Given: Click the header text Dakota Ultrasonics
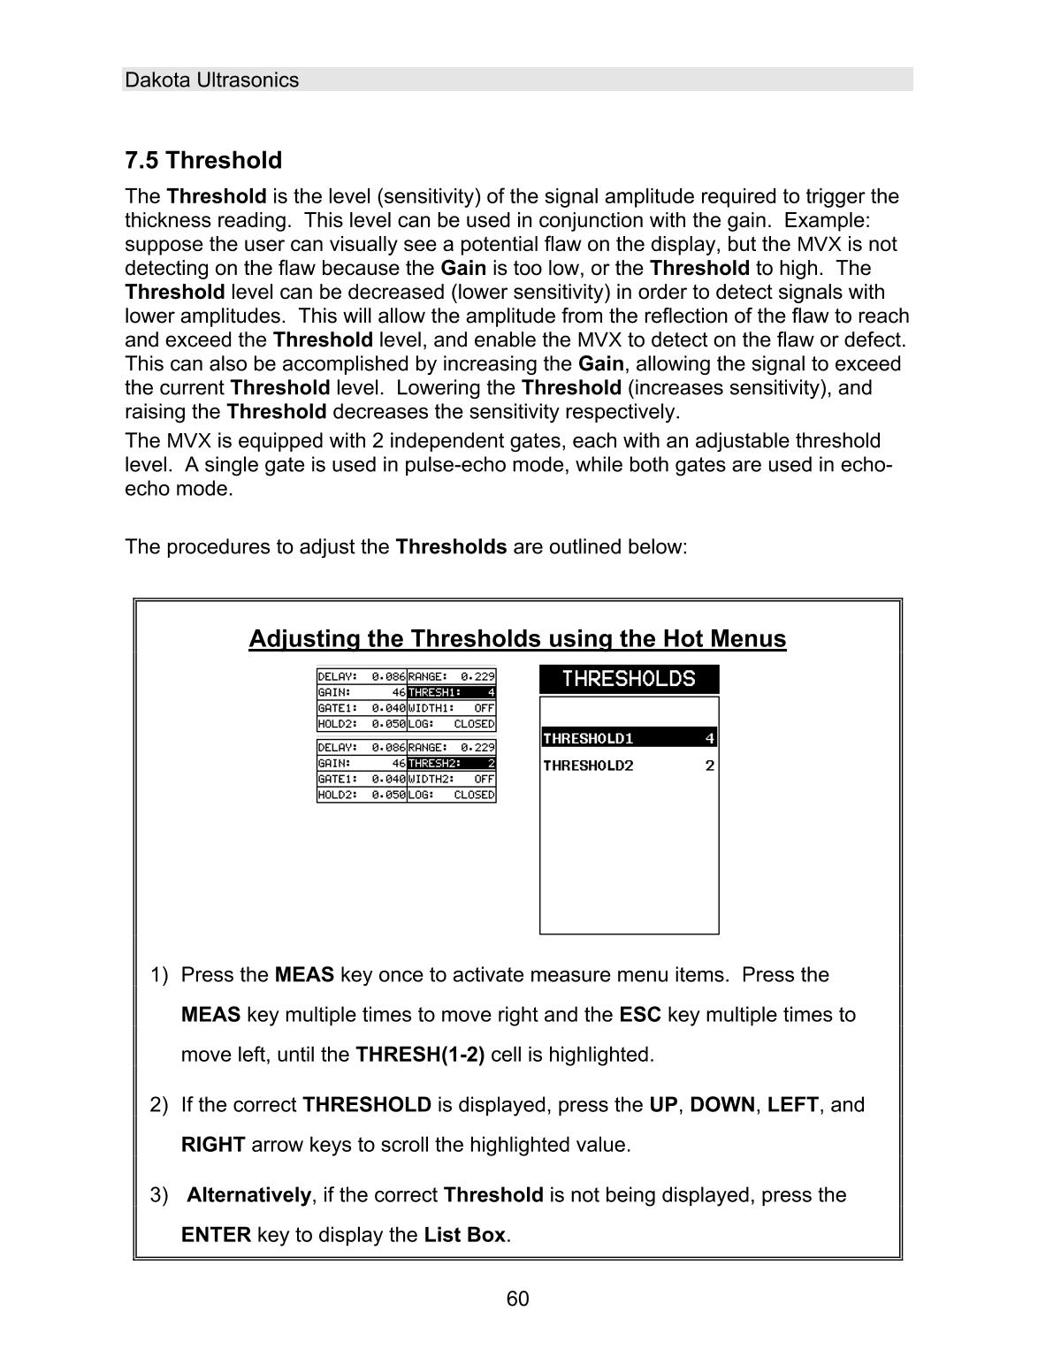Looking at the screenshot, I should (x=211, y=80).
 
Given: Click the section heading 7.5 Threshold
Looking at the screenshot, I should (x=203, y=160).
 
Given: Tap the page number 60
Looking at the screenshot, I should (x=518, y=1299).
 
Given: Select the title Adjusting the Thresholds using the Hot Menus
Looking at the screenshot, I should (x=517, y=638).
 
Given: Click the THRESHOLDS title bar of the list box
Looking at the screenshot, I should (x=629, y=679).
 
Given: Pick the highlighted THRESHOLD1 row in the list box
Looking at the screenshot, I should (x=629, y=738).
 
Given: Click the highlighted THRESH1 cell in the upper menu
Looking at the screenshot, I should (x=451, y=692).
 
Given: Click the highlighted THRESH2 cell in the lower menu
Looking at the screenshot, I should (x=451, y=763).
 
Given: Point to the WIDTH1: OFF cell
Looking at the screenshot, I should (x=451, y=708).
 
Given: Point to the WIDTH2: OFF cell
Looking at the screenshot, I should (x=451, y=779).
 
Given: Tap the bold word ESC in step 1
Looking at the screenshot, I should (x=640, y=1015).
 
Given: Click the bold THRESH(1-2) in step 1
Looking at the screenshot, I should (x=420, y=1055).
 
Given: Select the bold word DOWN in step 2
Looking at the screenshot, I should (x=721, y=1105).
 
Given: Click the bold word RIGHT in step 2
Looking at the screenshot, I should (x=213, y=1146).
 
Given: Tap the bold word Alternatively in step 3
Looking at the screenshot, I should (x=248, y=1195).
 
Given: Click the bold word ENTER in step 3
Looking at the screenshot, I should (x=216, y=1235).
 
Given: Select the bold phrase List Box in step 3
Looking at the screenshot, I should (x=464, y=1235).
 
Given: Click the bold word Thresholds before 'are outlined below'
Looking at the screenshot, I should (x=451, y=546).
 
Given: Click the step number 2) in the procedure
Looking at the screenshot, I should (x=158, y=1105).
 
